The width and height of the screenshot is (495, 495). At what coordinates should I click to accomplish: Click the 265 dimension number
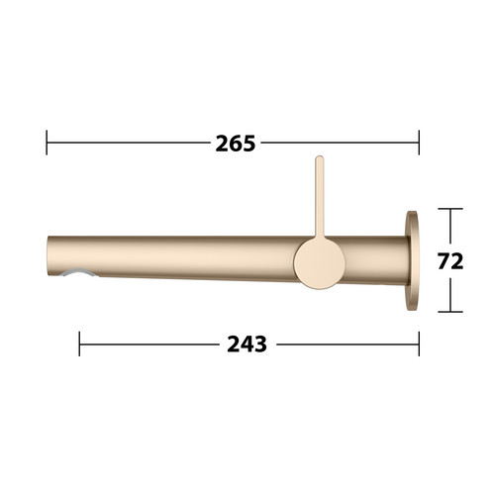[x=236, y=144]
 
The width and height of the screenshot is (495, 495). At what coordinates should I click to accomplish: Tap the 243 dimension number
[x=247, y=345]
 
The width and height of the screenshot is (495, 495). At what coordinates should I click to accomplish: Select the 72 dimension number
[x=450, y=261]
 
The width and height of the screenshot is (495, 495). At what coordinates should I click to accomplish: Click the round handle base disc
[x=319, y=264]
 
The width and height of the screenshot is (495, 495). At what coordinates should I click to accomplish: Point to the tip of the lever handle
[x=320, y=156]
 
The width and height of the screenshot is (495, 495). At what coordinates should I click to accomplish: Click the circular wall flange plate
[x=413, y=260]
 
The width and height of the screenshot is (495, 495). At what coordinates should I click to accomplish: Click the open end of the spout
[x=49, y=255]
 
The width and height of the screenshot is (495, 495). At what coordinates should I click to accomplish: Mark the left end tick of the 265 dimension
[x=47, y=143]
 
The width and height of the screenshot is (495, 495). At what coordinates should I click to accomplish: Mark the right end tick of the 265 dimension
[x=419, y=143]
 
